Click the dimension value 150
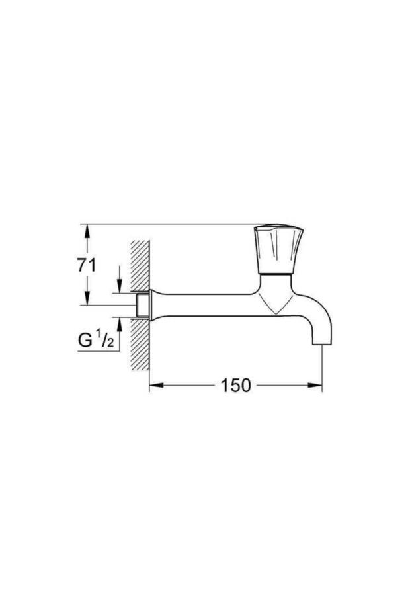236,385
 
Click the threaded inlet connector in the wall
141,306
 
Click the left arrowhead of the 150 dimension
154,385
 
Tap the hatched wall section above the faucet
140,265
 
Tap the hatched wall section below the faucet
140,350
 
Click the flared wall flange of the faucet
153,306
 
